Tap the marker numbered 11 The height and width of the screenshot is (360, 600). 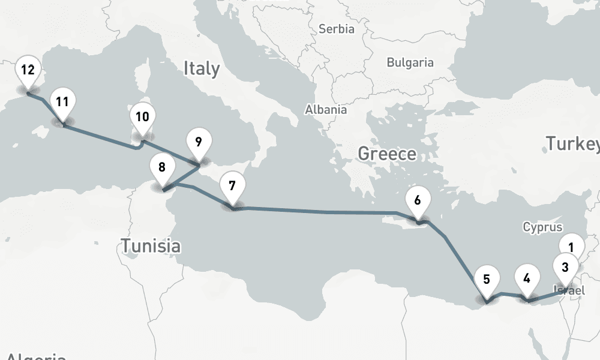[x=62, y=103]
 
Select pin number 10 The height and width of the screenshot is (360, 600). [x=142, y=118]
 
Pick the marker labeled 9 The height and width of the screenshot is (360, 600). [x=199, y=143]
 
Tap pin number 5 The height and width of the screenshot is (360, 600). [x=487, y=280]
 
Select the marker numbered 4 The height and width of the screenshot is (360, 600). [x=527, y=280]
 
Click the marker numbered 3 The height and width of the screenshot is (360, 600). [x=565, y=266]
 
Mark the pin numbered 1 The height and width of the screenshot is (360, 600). [x=572, y=246]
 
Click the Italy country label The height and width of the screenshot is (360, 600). [x=202, y=68]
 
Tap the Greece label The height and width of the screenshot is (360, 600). [x=387, y=154]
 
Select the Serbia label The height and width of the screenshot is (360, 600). [x=336, y=29]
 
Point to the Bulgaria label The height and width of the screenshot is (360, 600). [x=410, y=62]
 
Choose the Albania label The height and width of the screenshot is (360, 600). [x=326, y=110]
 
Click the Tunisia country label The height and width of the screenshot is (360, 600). [x=151, y=245]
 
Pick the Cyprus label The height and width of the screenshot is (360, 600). [x=542, y=227]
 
